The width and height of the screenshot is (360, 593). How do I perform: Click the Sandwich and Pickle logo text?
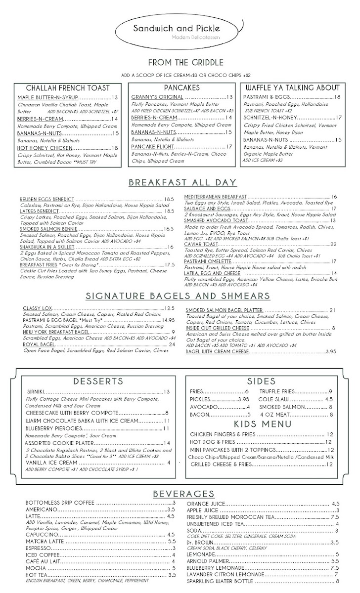[x=179, y=29]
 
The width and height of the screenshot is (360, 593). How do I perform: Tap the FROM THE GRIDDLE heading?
[x=179, y=63]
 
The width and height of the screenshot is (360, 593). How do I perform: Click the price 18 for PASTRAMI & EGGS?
[x=337, y=97]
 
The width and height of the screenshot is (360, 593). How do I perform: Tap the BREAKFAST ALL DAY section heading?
[x=182, y=183]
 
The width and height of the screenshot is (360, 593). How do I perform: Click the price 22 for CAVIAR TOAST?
[x=333, y=244]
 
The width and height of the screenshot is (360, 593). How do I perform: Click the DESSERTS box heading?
[x=98, y=381]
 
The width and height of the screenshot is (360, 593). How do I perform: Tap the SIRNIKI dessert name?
[x=36, y=392]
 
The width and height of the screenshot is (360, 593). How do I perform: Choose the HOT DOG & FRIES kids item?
[x=213, y=442]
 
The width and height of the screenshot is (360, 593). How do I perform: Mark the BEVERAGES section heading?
[x=183, y=494]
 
